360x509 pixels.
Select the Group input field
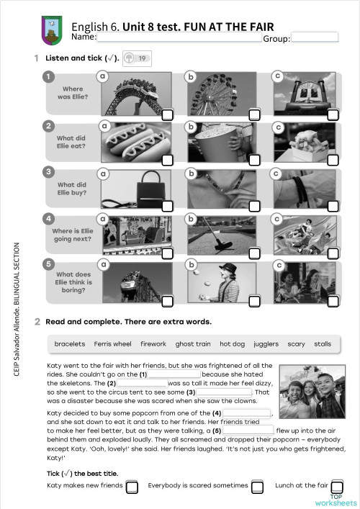coord(314,37)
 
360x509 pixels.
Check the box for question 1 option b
coord(249,114)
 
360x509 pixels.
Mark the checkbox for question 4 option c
coord(333,254)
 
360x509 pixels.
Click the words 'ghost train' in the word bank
coord(193,344)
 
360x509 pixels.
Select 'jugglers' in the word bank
coord(266,344)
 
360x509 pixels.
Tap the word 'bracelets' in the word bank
coord(70,344)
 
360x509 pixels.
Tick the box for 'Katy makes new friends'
coord(132,487)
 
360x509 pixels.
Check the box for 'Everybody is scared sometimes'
coord(257,487)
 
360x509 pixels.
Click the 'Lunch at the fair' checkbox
coord(337,487)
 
